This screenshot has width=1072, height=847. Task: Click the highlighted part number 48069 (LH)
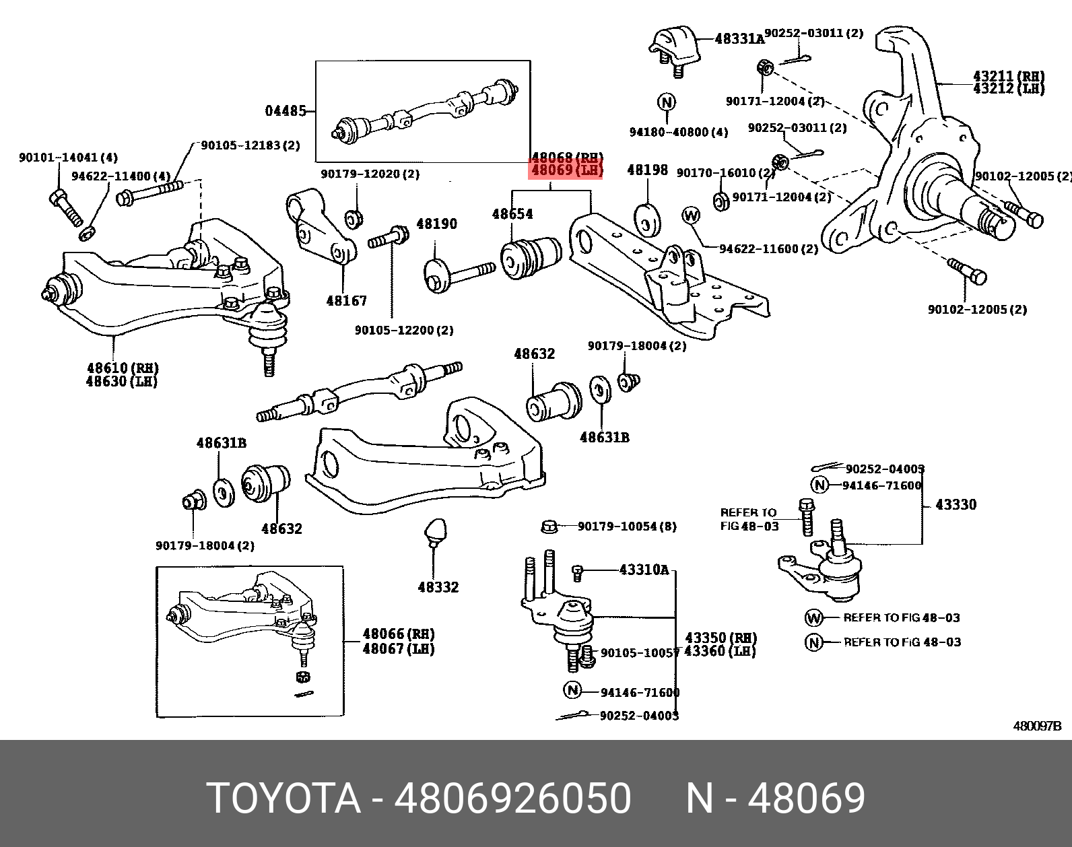(x=566, y=171)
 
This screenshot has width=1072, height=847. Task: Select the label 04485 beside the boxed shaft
(x=286, y=110)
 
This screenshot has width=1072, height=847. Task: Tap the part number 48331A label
(x=739, y=39)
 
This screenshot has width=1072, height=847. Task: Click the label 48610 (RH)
(x=122, y=368)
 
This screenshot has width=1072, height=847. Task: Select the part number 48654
(x=512, y=214)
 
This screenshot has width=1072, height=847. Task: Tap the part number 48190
(x=436, y=224)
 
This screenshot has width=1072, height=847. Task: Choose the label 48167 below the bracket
(x=346, y=301)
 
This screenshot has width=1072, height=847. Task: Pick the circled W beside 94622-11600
(x=691, y=215)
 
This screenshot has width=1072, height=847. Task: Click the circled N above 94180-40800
(x=666, y=103)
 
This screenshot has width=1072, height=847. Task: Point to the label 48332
(x=438, y=587)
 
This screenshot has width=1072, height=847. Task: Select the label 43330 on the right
(x=956, y=504)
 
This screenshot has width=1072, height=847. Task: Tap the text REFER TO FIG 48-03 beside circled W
(x=901, y=617)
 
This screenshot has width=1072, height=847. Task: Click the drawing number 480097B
(x=1037, y=726)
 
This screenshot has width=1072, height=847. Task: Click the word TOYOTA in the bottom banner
(x=283, y=799)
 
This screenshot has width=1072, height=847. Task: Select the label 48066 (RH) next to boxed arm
(x=398, y=634)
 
